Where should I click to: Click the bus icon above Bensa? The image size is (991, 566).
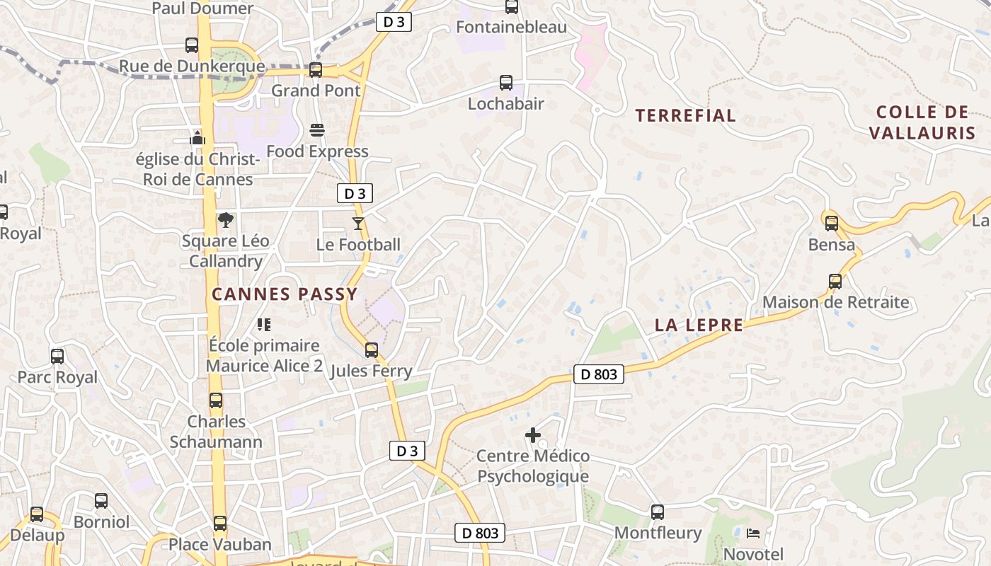(831, 224)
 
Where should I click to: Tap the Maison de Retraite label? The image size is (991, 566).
(835, 303)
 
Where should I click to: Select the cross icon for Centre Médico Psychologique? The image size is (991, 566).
(533, 435)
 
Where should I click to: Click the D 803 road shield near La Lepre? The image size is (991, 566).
(598, 375)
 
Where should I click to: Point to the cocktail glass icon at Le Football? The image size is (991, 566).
(358, 224)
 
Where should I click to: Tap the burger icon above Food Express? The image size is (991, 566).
(316, 130)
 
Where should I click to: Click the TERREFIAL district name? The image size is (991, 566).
(685, 115)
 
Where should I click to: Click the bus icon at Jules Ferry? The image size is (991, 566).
(371, 350)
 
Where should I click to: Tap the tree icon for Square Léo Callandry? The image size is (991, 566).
(226, 220)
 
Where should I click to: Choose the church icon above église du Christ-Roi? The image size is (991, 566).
(197, 137)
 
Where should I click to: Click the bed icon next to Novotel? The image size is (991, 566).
(753, 533)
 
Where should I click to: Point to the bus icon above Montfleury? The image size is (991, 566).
(658, 512)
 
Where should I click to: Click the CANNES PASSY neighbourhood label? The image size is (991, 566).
(285, 294)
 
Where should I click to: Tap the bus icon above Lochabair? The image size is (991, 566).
(505, 83)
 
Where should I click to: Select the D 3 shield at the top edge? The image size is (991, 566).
(394, 22)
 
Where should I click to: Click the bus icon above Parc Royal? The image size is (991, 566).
(57, 356)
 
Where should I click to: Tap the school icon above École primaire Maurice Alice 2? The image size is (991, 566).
(264, 325)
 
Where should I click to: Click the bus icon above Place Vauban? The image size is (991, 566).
(220, 524)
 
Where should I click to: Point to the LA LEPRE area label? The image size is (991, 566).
(699, 325)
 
